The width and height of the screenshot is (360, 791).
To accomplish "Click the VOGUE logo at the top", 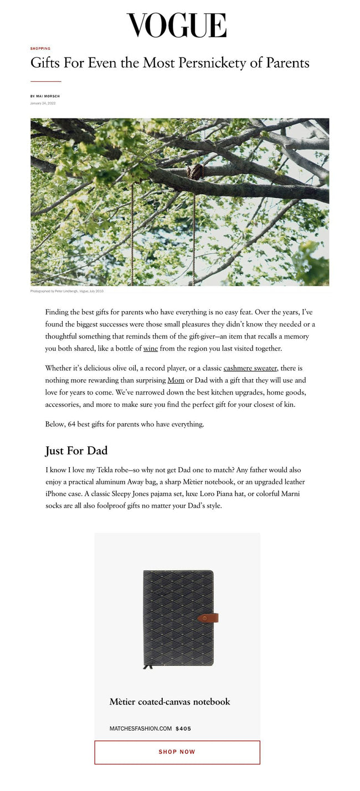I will pos(177,25).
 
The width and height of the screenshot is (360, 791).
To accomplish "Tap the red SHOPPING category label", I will pos(40,49).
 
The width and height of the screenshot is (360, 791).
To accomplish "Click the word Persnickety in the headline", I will pos(210,63).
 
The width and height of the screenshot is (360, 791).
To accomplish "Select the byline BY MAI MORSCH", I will pos(45,96).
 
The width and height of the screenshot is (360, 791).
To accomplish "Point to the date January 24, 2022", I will pos(43,103).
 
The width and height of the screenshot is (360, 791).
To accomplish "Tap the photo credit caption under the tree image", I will pos(67,291).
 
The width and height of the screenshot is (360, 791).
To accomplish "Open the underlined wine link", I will pos(151,349).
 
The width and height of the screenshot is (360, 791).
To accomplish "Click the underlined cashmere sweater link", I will pos(250,368).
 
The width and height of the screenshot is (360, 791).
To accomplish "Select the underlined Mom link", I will pos(176,380).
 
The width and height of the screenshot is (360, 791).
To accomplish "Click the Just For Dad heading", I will pos(76,451).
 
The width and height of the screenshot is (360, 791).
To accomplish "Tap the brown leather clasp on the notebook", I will pos(208,618).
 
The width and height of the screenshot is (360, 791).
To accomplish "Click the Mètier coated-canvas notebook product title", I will pos(169,702).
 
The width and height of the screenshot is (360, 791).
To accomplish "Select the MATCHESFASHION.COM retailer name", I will pos(141,728).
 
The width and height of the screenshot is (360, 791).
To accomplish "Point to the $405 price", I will pos(183,728).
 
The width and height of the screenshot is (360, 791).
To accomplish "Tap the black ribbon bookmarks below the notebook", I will pos(148,666).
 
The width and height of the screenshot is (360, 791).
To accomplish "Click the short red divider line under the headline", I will pos(45,81).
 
